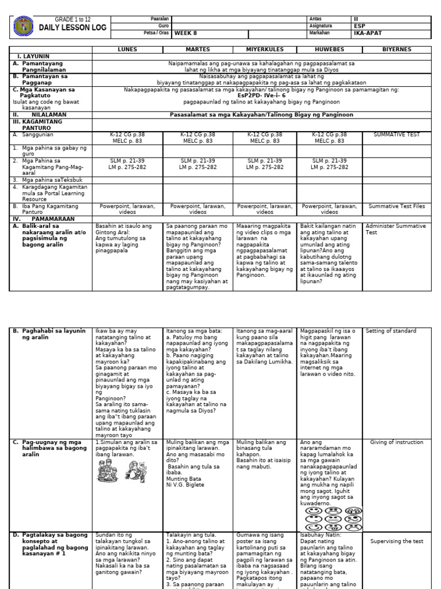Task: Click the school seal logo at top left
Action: click(x=23, y=26)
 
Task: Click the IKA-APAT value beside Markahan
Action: click(x=365, y=33)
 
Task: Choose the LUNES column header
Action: click(x=127, y=49)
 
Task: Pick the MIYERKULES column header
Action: click(x=265, y=49)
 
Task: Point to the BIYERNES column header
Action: click(x=397, y=49)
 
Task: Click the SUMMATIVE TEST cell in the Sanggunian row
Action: click(x=397, y=135)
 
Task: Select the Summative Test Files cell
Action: click(x=397, y=205)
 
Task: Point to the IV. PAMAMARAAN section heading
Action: click(x=37, y=219)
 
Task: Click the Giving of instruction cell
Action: click(x=397, y=442)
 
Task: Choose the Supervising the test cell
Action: click(x=397, y=541)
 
